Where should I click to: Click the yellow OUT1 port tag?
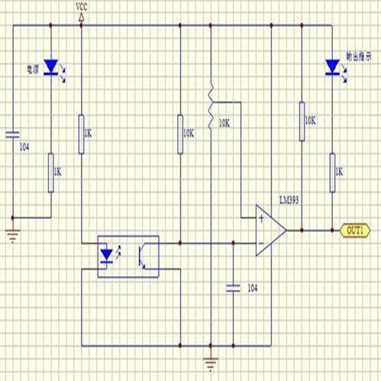pyautogui.click(x=354, y=231)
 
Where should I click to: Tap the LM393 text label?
pyautogui.click(x=289, y=201)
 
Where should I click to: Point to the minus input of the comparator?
pyautogui.click(x=261, y=243)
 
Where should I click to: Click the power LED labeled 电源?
pyautogui.click(x=50, y=67)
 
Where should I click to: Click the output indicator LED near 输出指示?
pyautogui.click(x=332, y=67)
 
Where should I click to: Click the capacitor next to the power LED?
pyautogui.click(x=13, y=134)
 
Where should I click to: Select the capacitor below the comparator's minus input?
pyautogui.click(x=233, y=287)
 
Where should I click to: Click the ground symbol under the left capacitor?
pyautogui.click(x=13, y=235)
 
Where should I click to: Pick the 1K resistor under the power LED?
pyautogui.click(x=51, y=172)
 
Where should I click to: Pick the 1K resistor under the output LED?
pyautogui.click(x=332, y=172)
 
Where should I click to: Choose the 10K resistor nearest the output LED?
pyautogui.click(x=302, y=121)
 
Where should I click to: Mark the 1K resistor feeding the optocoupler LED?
pyautogui.click(x=81, y=134)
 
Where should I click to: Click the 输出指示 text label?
pyautogui.click(x=358, y=57)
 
